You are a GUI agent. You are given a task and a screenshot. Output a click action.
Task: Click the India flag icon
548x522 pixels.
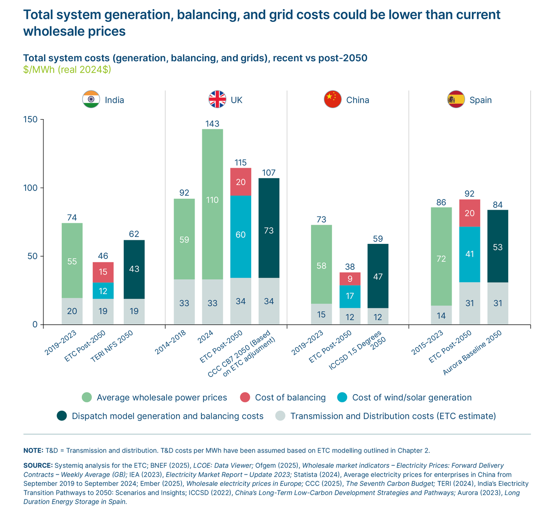(x=91, y=100)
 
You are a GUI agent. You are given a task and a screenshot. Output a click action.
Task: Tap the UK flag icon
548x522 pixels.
(x=217, y=100)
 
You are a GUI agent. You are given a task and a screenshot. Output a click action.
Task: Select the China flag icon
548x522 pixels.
(x=332, y=100)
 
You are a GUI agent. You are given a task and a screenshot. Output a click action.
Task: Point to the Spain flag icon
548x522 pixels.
(x=456, y=100)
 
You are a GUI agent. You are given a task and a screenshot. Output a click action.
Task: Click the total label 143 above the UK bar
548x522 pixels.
(x=212, y=124)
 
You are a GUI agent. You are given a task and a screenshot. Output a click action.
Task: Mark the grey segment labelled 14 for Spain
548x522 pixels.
(x=441, y=315)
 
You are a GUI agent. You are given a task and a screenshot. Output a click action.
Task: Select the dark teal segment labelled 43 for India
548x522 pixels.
(x=134, y=269)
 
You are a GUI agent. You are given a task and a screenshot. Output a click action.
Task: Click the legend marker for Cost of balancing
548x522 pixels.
(x=245, y=397)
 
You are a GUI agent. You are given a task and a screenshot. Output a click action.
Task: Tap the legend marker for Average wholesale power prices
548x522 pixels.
(x=87, y=397)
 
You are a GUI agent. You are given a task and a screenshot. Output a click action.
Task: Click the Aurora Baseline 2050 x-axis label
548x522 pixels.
(x=473, y=353)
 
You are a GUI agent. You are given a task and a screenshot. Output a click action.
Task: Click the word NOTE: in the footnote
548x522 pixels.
(x=33, y=450)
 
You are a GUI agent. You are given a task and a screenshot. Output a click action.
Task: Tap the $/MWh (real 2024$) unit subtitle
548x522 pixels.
(x=67, y=70)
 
